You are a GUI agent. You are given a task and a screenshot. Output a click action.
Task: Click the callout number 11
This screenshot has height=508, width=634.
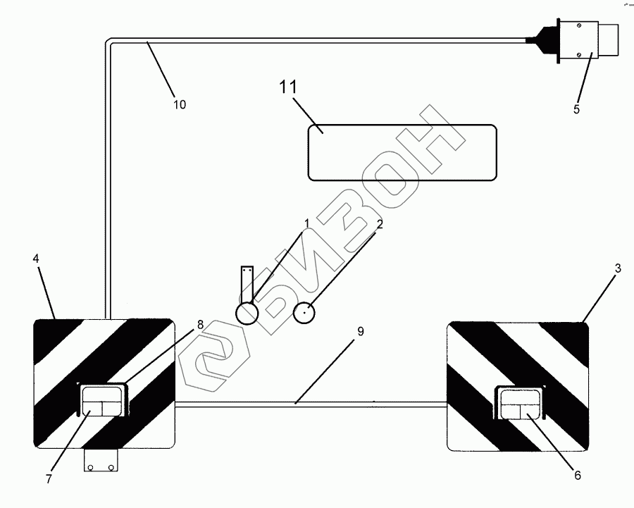click(289, 89)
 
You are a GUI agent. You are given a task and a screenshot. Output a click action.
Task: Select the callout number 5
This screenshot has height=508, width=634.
click(576, 109)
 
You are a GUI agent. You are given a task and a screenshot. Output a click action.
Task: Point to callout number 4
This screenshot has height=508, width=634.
click(36, 259)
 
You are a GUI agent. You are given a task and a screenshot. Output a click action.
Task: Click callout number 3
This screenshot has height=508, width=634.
click(618, 268)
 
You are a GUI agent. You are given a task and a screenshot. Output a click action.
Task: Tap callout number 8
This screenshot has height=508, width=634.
click(200, 325)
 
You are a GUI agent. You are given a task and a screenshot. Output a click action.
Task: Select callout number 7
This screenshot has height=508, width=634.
click(49, 479)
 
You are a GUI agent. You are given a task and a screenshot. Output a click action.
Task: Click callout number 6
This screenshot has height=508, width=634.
click(577, 476)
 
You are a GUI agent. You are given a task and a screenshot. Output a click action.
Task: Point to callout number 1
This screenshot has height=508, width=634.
click(307, 224)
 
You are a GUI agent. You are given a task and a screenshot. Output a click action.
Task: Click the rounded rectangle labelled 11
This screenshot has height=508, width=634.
click(402, 152)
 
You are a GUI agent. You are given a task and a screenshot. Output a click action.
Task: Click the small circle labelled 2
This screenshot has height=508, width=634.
click(304, 312)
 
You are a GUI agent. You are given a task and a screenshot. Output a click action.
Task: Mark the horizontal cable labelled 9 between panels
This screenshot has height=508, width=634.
click(310, 404)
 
